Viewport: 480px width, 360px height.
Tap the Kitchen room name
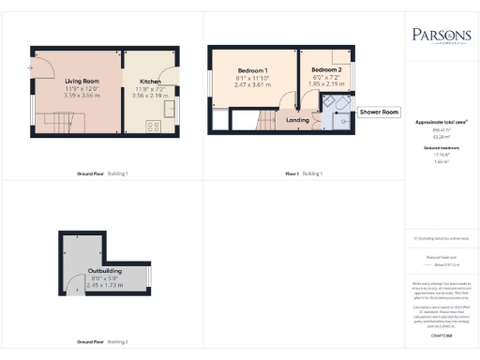pyautogui.click(x=150, y=82)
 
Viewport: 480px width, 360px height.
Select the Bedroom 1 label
pyautogui.click(x=252, y=71)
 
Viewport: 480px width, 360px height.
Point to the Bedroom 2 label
pyautogui.click(x=325, y=70)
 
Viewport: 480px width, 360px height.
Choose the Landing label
pyautogui.click(x=298, y=120)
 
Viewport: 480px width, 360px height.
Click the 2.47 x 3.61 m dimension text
pyautogui.click(x=252, y=85)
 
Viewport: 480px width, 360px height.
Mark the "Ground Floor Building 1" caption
pyautogui.click(x=103, y=173)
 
